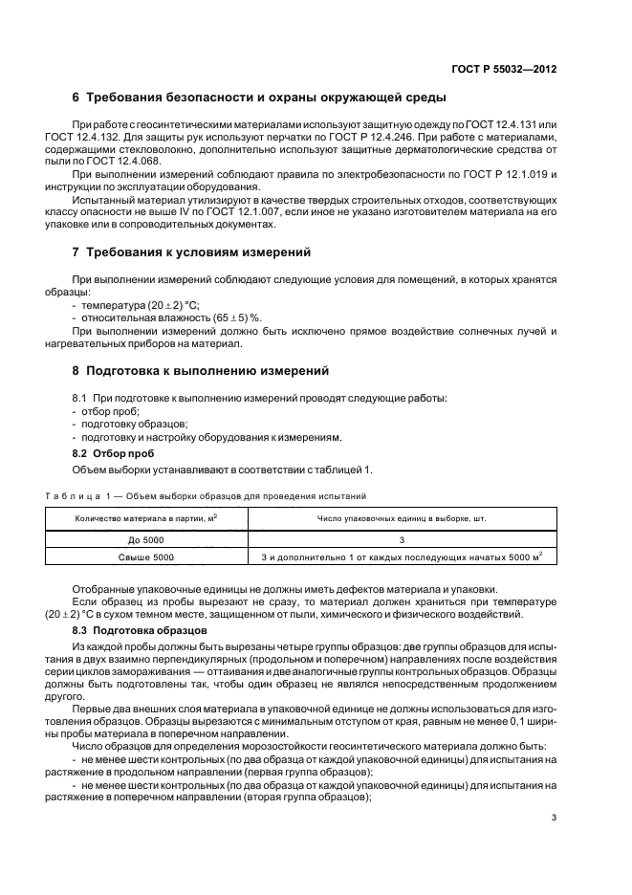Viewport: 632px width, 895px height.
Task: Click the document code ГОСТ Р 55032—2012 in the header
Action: pos(503,70)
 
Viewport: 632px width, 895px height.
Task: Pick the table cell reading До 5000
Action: pos(146,540)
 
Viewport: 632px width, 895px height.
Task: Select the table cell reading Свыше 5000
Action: pos(146,557)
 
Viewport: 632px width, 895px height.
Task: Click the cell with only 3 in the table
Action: pos(402,540)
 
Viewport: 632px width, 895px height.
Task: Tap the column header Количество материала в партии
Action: pos(146,519)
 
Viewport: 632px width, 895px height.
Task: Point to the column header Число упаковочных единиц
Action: pos(402,519)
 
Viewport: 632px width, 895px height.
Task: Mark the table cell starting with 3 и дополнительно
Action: pos(402,557)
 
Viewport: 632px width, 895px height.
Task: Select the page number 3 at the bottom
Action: pos(554,817)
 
